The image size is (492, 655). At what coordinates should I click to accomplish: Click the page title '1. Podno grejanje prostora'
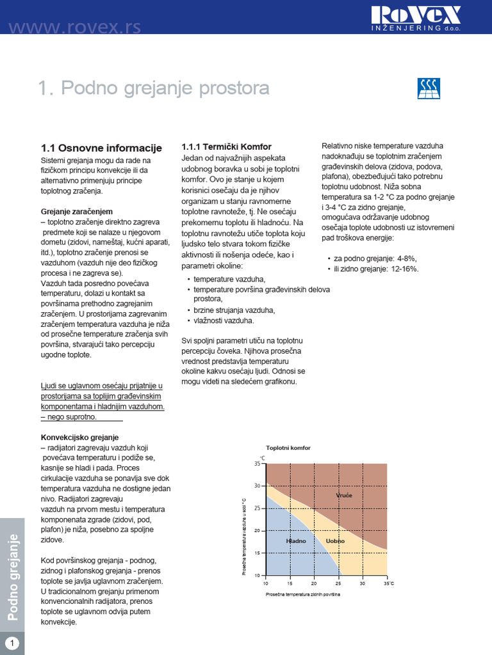(154, 88)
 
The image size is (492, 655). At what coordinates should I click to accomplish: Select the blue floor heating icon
(429, 88)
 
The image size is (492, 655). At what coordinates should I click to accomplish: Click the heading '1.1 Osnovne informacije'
(101, 148)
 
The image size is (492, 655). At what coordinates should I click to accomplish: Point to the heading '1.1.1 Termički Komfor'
(227, 146)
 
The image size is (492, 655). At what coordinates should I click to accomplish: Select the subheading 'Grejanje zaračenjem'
(77, 210)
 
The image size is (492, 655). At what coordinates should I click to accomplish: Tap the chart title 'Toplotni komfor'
(288, 448)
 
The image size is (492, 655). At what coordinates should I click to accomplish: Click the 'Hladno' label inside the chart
(296, 541)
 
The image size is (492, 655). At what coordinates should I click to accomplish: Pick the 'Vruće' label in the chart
(344, 496)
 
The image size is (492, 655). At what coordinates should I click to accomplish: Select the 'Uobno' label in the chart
(335, 541)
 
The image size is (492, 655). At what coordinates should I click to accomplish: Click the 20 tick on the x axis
(314, 583)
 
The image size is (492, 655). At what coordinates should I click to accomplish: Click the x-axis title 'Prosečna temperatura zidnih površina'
(302, 594)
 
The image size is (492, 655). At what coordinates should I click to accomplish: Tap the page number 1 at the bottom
(12, 642)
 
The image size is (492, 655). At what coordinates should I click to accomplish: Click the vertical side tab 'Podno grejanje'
(12, 576)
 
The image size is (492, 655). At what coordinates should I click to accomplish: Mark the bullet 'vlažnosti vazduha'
(224, 320)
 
